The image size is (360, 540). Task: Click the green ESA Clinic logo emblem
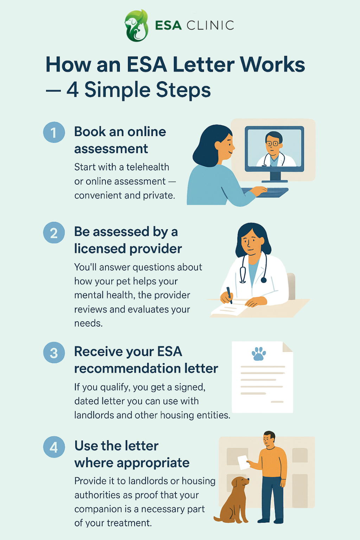pyautogui.click(x=136, y=25)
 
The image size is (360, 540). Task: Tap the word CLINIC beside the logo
pyautogui.click(x=210, y=25)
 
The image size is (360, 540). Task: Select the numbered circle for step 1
pyautogui.click(x=54, y=132)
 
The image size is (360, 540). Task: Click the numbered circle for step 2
pyautogui.click(x=54, y=233)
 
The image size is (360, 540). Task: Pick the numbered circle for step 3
pyautogui.click(x=54, y=353)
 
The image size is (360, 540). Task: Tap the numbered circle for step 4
pyautogui.click(x=54, y=447)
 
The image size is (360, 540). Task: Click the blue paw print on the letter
pyautogui.click(x=259, y=354)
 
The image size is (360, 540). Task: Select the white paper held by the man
pyautogui.click(x=244, y=462)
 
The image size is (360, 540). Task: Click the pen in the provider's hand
pyautogui.click(x=229, y=295)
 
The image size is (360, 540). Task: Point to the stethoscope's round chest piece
pyautogui.click(x=264, y=280)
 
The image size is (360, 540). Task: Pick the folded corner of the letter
pyautogui.click(x=288, y=347)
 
